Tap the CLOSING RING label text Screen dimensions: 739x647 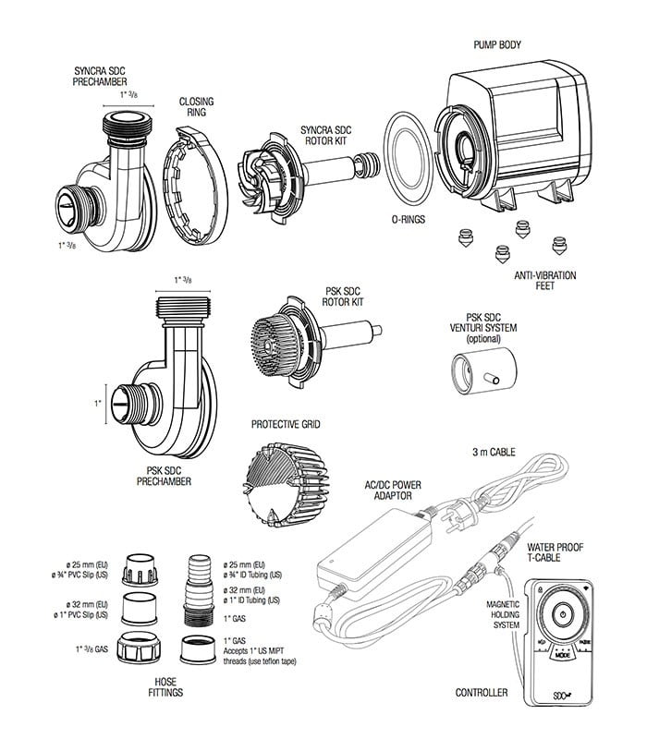pos(196,107)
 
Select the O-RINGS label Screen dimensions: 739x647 pos(406,222)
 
